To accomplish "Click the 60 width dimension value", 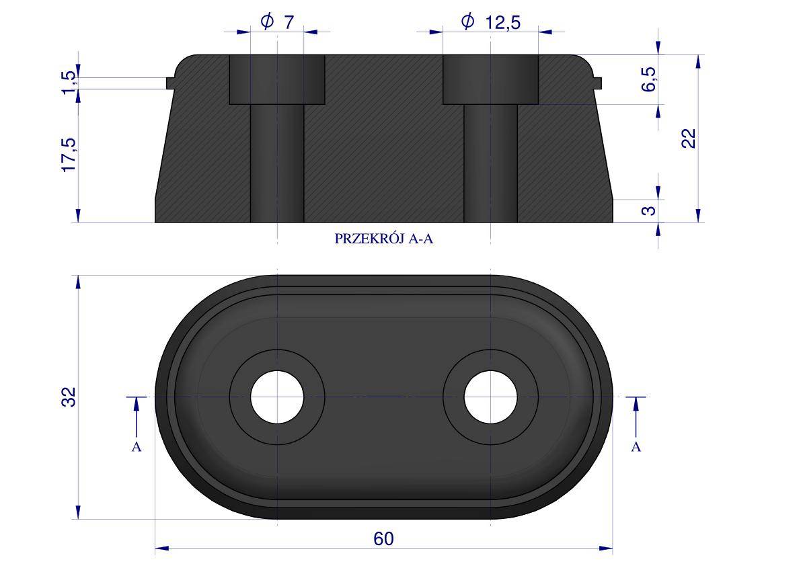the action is point(383,539).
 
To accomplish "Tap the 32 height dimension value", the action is point(69,397).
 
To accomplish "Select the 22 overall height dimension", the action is point(689,138).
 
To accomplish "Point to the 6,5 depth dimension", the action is point(648,79).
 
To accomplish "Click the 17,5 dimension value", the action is point(69,155).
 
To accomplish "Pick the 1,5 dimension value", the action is point(69,83).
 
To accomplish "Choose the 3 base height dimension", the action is point(649,210).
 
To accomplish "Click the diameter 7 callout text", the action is point(277,22).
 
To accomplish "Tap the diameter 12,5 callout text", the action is point(490,22).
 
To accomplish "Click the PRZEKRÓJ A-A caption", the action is point(383,239).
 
